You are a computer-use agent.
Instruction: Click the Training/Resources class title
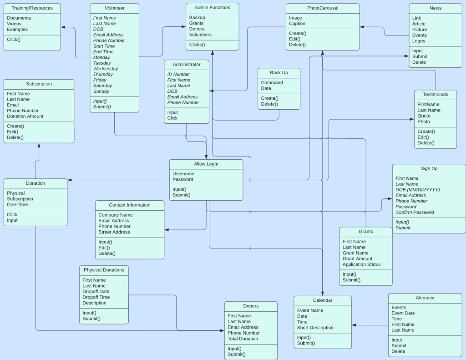coord(32,8)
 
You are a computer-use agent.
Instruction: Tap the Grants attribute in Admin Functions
coord(197,23)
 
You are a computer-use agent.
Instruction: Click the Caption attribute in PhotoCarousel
coord(297,24)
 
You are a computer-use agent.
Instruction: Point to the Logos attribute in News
coord(419,41)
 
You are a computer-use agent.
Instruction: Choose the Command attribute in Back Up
coord(272,83)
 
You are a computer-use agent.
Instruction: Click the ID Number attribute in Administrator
coord(178,74)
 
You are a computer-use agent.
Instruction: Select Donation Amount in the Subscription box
coord(25,116)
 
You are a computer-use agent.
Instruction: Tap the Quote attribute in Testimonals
coord(424,116)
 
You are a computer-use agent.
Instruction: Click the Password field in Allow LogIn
coord(183,179)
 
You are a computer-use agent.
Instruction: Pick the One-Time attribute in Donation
coord(17,204)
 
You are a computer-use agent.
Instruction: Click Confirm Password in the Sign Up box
coord(415,212)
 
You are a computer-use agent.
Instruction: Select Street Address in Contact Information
coord(114,232)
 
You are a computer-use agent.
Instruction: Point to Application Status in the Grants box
coord(361,264)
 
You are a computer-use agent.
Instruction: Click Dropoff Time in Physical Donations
coord(96,297)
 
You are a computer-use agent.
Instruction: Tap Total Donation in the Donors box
coord(243,339)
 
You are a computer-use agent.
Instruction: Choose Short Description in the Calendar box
coord(315,328)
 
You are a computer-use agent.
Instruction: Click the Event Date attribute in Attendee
coord(403,313)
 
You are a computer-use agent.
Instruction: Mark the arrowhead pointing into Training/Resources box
coord(63,27)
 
